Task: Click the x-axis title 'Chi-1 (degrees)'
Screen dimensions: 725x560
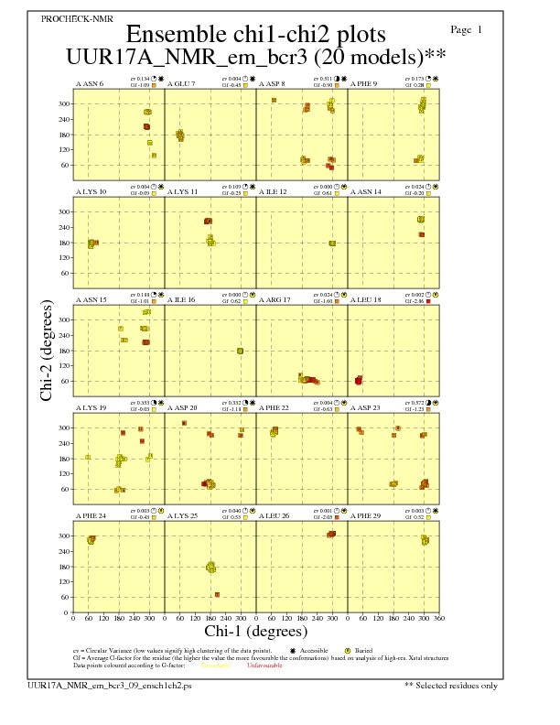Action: pos(255,631)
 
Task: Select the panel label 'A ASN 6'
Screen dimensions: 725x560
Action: pos(89,84)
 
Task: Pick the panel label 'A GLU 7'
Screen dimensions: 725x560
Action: pos(181,84)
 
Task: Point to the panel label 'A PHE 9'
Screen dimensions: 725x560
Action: pos(365,84)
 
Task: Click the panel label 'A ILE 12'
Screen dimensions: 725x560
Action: pos(273,192)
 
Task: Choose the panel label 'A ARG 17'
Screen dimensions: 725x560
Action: pos(275,300)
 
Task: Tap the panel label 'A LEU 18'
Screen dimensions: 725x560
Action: pos(366,300)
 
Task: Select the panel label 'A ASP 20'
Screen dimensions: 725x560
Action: pos(181,407)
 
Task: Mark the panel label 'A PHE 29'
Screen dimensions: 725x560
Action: pos(366,515)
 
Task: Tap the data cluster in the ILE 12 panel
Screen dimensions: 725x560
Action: pos(332,243)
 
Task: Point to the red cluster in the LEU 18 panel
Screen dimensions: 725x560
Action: pos(359,380)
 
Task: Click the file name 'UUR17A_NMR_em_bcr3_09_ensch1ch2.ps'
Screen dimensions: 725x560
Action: pos(110,685)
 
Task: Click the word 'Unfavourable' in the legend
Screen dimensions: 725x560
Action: pos(264,665)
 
